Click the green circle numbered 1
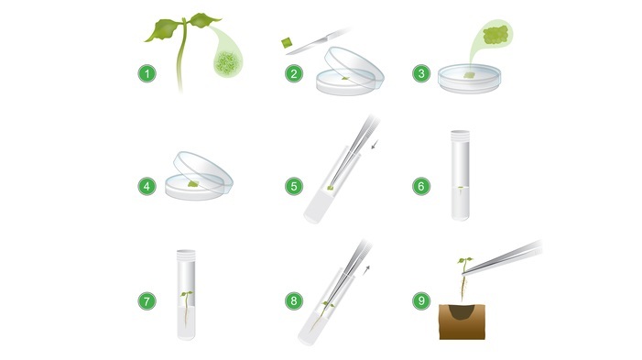(147, 73)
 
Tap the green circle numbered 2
(294, 73)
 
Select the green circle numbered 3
(421, 73)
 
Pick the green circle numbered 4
(147, 186)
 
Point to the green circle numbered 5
(294, 186)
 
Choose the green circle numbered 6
(421, 186)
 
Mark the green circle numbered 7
(147, 301)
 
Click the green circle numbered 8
(294, 301)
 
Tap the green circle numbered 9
(421, 301)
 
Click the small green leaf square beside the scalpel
(287, 42)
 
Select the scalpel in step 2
(318, 41)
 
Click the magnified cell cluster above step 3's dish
(495, 35)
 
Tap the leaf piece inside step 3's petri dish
(469, 75)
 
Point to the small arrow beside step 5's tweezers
(375, 145)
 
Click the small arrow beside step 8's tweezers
(366, 270)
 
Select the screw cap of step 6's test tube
(461, 134)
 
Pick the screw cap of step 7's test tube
(186, 255)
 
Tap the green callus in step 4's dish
(193, 184)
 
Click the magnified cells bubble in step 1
(228, 62)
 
